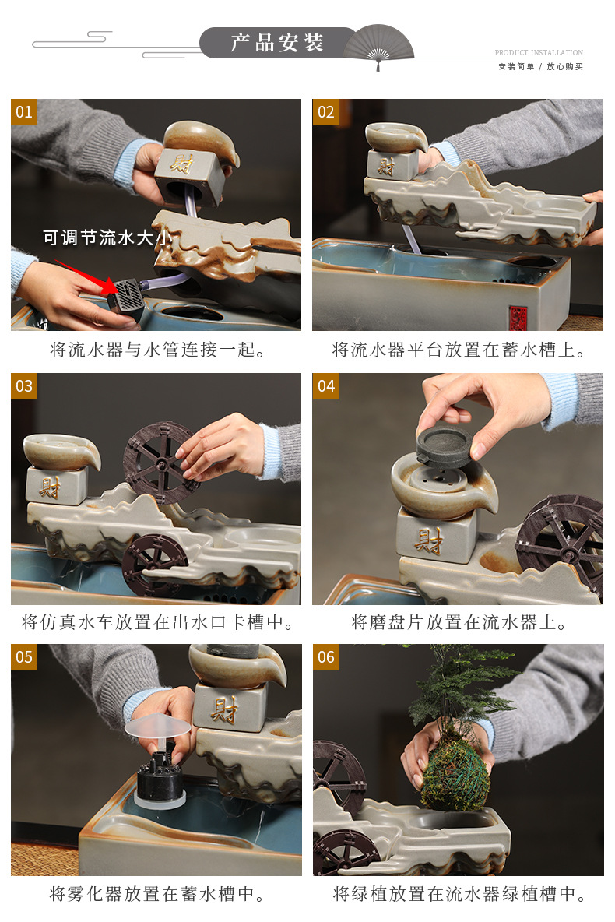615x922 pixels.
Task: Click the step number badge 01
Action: click(x=24, y=112)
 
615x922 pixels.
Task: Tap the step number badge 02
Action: click(x=325, y=112)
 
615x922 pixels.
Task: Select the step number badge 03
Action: click(x=24, y=386)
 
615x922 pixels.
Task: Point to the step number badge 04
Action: click(x=325, y=386)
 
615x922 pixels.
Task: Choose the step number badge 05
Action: click(x=24, y=657)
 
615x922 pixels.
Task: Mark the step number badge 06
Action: click(x=325, y=657)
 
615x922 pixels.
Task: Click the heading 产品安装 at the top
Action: click(x=277, y=42)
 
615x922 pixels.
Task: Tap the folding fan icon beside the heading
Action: click(x=378, y=46)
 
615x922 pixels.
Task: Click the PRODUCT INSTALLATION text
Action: click(x=539, y=52)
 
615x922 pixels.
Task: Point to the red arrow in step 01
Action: click(x=88, y=277)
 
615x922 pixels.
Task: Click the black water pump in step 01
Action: click(x=126, y=297)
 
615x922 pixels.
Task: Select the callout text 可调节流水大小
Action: click(x=107, y=238)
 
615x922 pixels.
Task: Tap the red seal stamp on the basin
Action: click(x=518, y=318)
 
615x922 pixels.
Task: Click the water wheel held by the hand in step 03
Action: click(x=160, y=463)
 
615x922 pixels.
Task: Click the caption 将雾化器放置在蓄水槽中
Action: click(x=157, y=894)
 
